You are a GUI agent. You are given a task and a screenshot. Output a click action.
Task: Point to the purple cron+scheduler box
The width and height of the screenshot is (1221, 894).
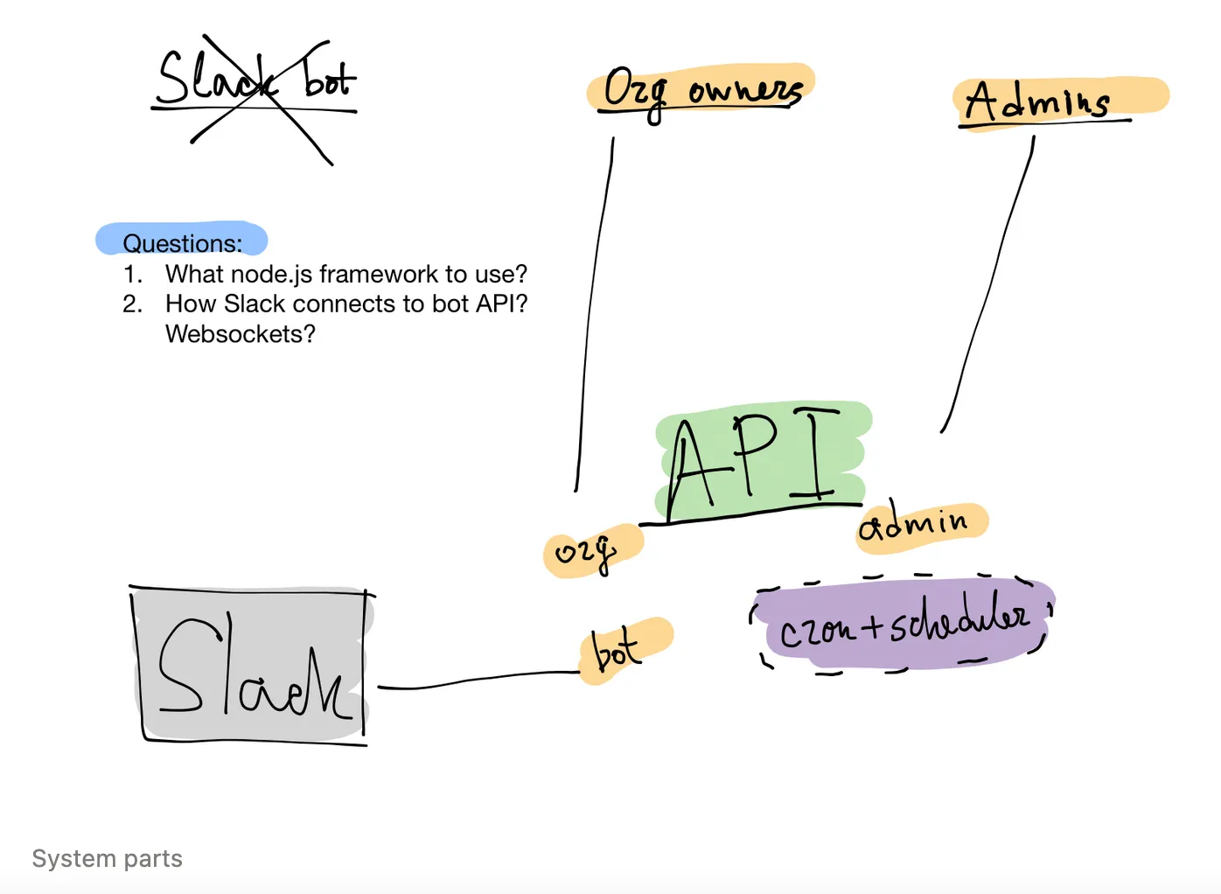[x=903, y=623]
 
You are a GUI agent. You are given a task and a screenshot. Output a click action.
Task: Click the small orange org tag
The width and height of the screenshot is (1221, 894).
[x=590, y=551]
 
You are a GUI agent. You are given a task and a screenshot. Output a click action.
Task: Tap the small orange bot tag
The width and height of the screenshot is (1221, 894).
[x=622, y=650]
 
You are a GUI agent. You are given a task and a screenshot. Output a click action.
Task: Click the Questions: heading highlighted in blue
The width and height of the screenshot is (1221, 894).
[x=182, y=242]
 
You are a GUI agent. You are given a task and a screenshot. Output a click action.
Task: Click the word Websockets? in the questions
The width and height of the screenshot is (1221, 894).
[x=241, y=334]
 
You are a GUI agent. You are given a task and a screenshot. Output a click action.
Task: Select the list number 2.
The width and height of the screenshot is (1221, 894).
[x=132, y=304]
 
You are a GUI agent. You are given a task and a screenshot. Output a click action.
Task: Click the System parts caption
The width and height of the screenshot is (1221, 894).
[x=108, y=859]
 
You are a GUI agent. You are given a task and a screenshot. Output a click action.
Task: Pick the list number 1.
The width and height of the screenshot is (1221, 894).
[x=132, y=275]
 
